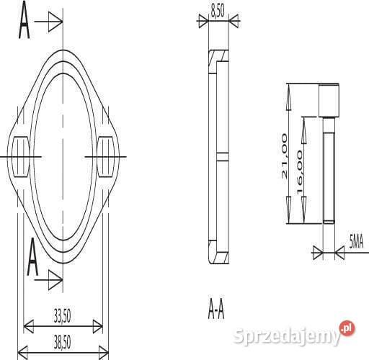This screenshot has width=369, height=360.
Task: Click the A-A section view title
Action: click(216, 310)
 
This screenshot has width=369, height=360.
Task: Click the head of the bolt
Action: click(329, 100)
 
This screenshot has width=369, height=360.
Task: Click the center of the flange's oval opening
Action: click(64, 156)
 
